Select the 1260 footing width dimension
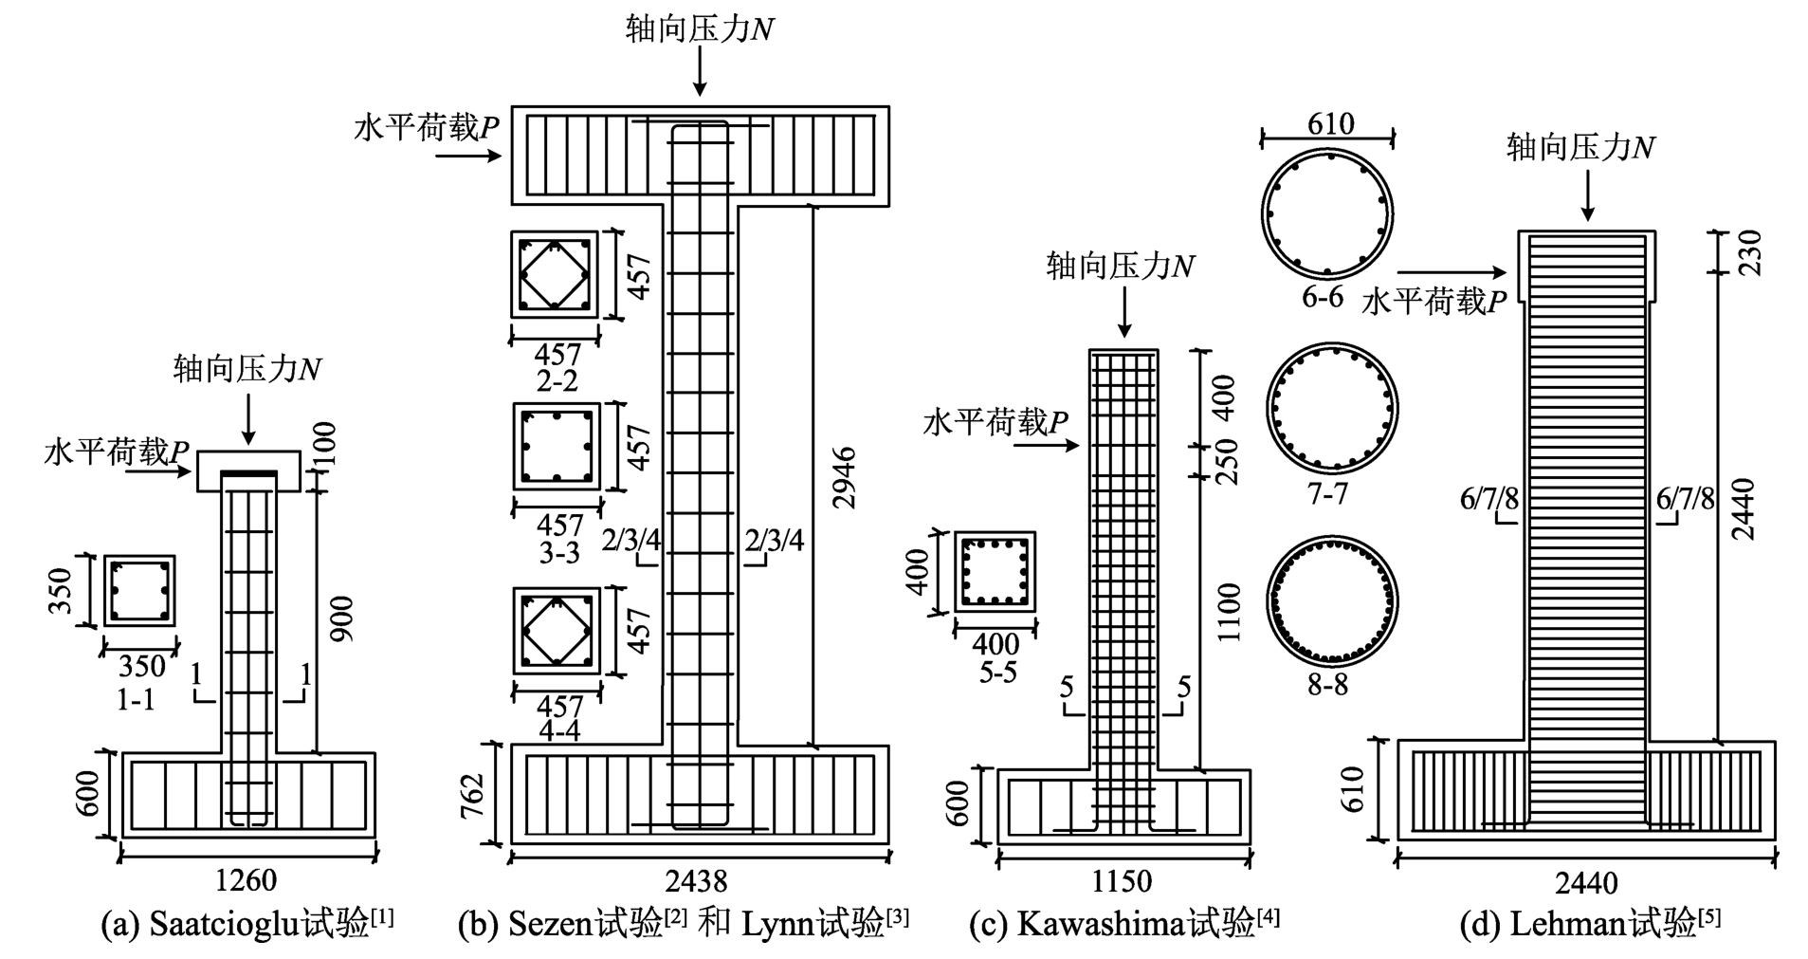click(246, 880)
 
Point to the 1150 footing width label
click(1122, 881)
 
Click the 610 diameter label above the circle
click(1329, 123)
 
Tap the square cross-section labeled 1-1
click(139, 590)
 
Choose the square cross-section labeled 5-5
click(994, 572)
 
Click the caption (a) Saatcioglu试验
click(247, 923)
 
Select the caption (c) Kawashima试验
click(1124, 923)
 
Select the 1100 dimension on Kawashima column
click(1228, 613)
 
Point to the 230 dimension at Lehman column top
click(1750, 252)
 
